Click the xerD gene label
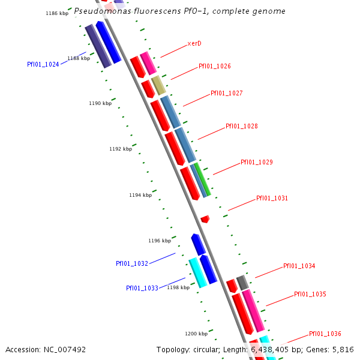tap(194, 44)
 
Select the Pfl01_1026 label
tap(215, 67)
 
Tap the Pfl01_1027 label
tap(227, 94)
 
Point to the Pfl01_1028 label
tap(242, 127)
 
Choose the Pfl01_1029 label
tap(257, 163)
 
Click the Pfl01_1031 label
tap(272, 199)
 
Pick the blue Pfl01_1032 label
tap(132, 264)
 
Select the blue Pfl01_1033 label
tap(142, 289)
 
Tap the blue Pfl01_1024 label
tap(43, 65)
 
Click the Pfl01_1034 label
tap(299, 266)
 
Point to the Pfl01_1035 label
tap(310, 295)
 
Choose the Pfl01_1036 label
tap(325, 334)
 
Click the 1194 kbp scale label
tap(140, 195)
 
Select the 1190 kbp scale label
tap(100, 104)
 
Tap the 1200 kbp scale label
tap(196, 334)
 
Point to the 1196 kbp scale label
tap(160, 241)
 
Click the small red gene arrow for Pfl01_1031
tap(205, 219)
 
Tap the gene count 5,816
tap(343, 350)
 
